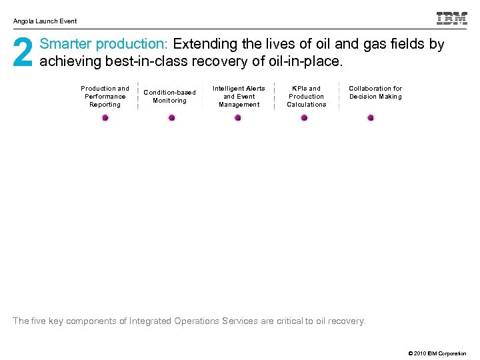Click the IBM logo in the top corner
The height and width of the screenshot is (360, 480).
[451, 19]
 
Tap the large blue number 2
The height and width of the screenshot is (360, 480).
[23, 53]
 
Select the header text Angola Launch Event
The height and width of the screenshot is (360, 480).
[45, 21]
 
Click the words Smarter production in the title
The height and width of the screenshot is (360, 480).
[104, 45]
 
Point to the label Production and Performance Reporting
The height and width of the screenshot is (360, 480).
[105, 97]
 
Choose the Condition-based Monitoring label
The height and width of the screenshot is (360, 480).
[170, 97]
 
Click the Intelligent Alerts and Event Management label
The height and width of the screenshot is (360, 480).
[239, 97]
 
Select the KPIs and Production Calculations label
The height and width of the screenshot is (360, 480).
[307, 97]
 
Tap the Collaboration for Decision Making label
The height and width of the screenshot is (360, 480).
[375, 93]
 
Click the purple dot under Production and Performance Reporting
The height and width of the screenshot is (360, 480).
[105, 118]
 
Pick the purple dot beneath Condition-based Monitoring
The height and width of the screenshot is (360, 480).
[171, 118]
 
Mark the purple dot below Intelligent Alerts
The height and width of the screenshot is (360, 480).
[238, 118]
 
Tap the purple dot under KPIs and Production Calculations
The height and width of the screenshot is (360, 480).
[305, 118]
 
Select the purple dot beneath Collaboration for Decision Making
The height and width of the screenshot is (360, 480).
[371, 118]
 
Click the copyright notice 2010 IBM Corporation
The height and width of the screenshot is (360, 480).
[437, 353]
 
